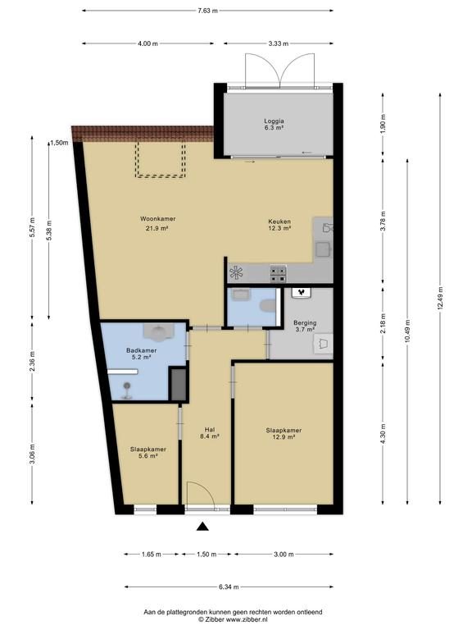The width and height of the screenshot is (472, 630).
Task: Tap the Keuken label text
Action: [279, 221]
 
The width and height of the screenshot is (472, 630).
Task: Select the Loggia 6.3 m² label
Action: [275, 124]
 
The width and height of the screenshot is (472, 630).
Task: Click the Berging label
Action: [305, 322]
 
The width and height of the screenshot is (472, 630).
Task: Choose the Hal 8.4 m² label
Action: [209, 432]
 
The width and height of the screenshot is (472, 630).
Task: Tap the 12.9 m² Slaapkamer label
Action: [284, 433]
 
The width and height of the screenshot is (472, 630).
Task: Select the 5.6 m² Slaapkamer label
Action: [148, 453]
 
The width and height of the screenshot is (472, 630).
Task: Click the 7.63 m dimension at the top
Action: [207, 11]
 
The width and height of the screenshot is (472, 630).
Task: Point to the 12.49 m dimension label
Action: [440, 298]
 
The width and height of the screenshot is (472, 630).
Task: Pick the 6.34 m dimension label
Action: [229, 587]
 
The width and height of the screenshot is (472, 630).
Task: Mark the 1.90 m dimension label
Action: [383, 124]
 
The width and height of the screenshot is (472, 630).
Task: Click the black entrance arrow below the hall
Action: [202, 527]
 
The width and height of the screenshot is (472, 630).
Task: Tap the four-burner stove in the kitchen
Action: [278, 274]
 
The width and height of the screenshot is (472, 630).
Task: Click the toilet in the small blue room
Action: [268, 306]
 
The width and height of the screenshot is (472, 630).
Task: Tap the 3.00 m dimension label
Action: [284, 554]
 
